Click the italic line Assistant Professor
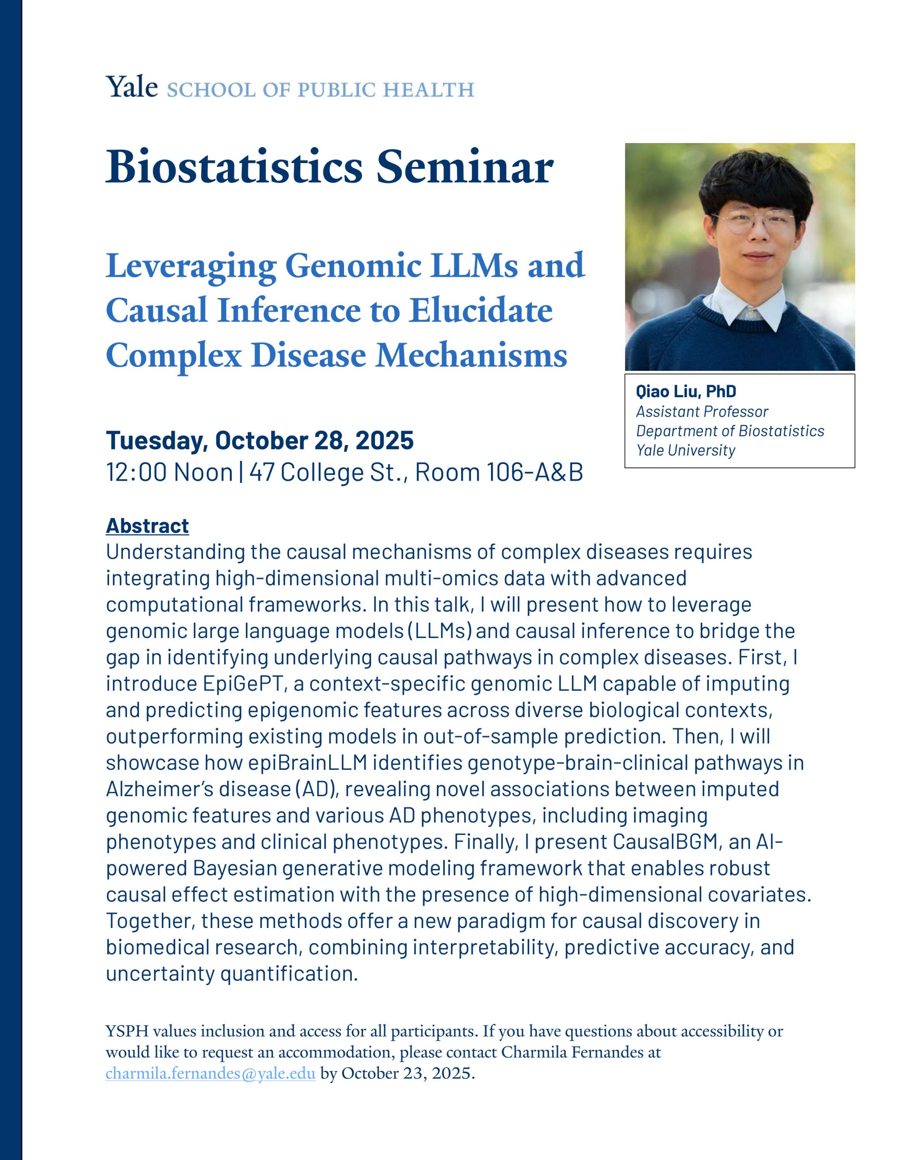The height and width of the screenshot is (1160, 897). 702,412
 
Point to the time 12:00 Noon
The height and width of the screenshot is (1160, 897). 169,472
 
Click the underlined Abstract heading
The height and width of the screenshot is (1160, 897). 147,526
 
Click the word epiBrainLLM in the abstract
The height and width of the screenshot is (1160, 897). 308,763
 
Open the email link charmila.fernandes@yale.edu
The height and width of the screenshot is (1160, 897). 211,1073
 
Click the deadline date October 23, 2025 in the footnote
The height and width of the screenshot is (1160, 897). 407,1073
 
